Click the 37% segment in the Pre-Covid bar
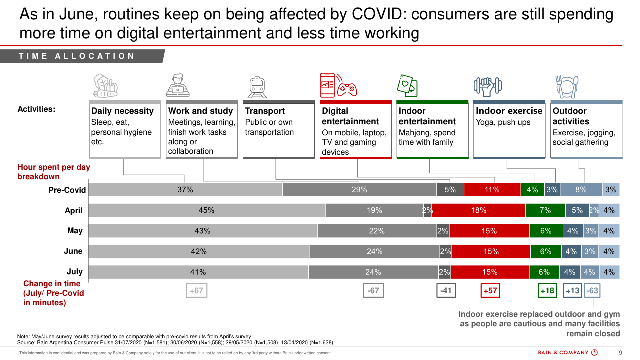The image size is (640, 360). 185,190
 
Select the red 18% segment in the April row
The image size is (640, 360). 478,210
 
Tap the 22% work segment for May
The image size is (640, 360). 377,231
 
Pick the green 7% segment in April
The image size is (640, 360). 545,210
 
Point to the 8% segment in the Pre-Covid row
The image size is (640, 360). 581,190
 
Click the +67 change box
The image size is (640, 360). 197,290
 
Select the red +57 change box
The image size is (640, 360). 490,290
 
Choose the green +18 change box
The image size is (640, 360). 547,290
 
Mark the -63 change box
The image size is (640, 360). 592,290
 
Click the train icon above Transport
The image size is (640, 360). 258,87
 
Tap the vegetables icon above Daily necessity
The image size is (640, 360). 105,86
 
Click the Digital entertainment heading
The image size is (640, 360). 350,116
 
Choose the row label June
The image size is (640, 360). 73,251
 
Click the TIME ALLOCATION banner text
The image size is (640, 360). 77,56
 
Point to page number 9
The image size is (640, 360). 620,352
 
